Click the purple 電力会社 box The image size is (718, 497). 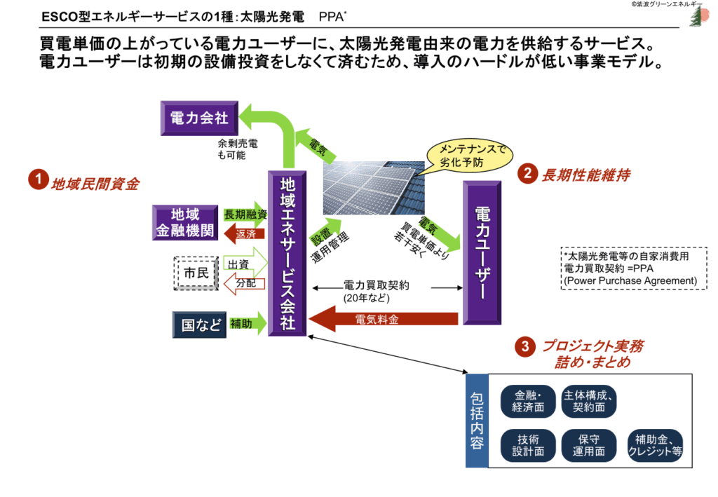(x=199, y=118)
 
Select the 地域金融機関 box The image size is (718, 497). (x=186, y=222)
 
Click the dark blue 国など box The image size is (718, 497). (x=199, y=324)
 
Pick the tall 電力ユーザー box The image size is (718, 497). (x=481, y=252)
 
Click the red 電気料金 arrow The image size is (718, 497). (x=382, y=320)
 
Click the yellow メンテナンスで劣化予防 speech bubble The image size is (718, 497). (x=470, y=154)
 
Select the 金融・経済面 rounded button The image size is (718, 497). (x=527, y=400)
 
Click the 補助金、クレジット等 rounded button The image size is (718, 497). (x=655, y=444)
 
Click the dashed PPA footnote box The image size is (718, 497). (x=633, y=267)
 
